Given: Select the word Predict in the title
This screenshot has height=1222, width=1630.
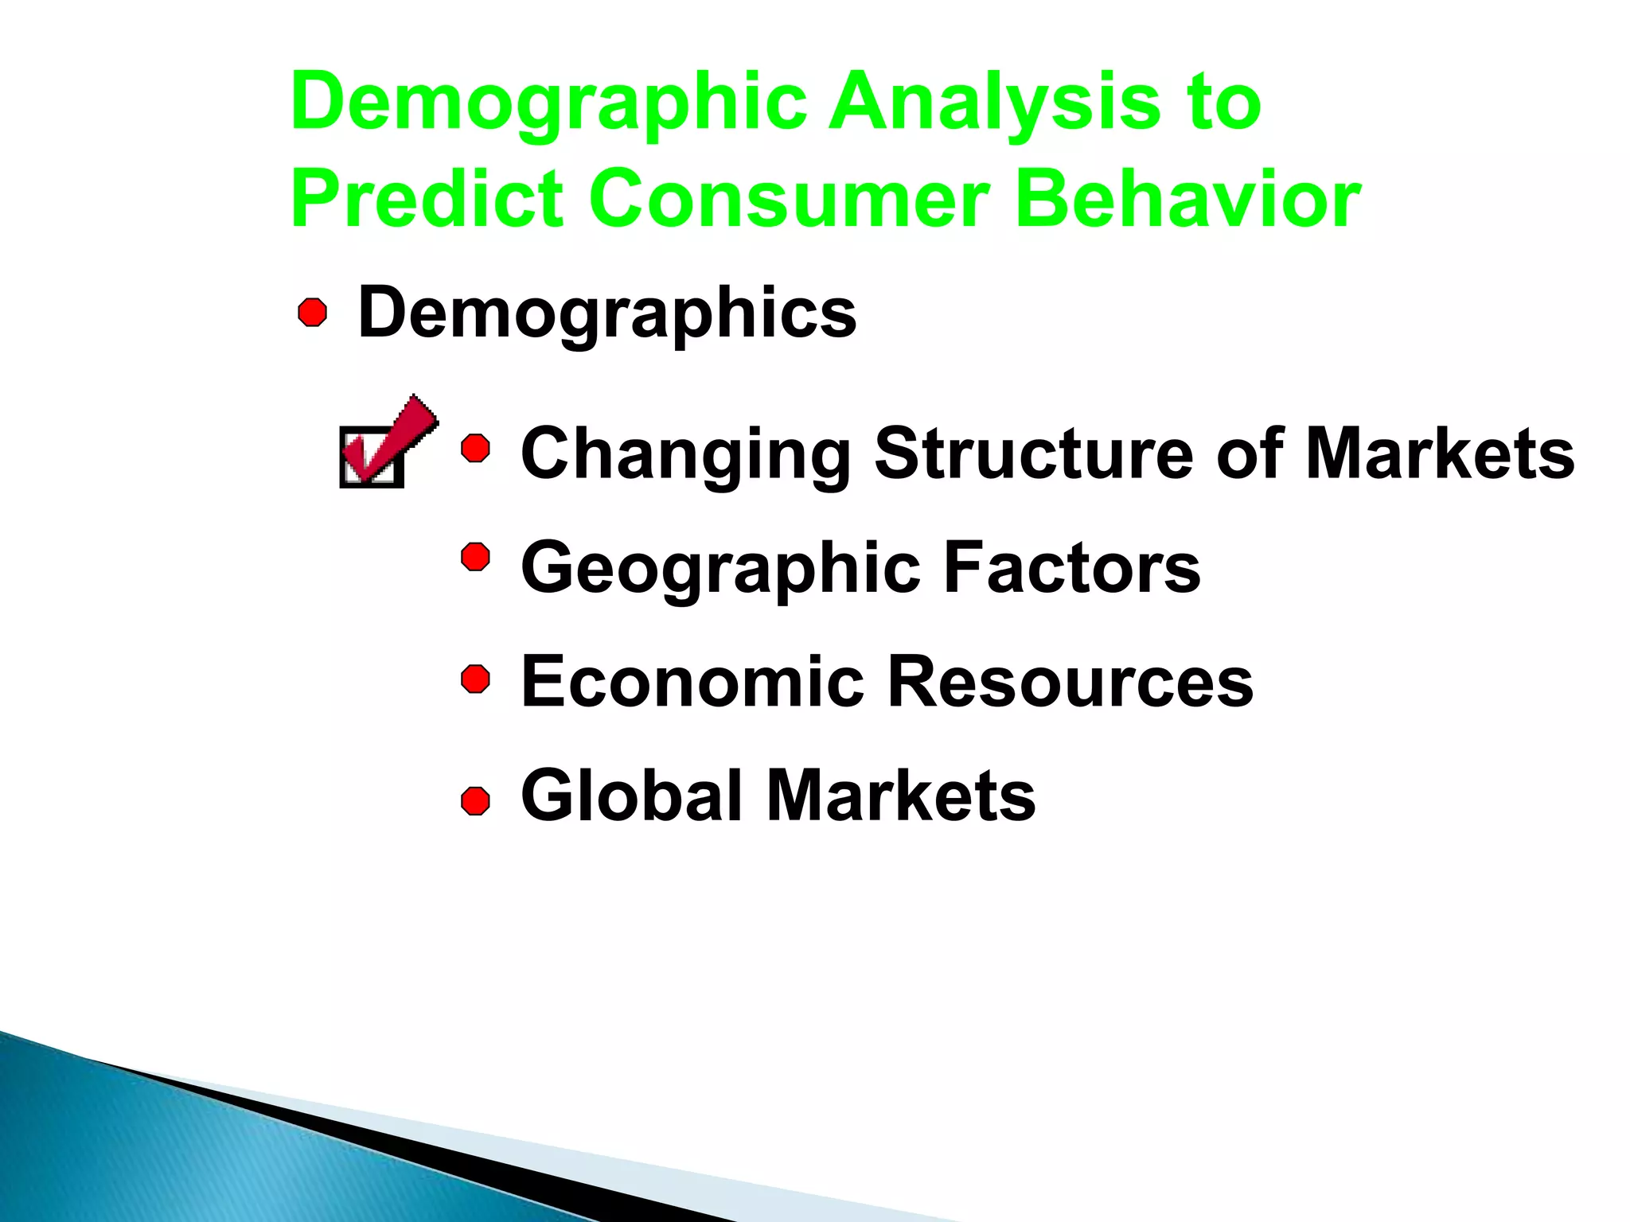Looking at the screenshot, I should pyautogui.click(x=427, y=199).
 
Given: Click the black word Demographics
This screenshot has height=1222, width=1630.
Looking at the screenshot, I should pyautogui.click(x=606, y=313).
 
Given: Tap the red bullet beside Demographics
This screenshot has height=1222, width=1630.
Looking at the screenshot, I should pyautogui.click(x=313, y=313).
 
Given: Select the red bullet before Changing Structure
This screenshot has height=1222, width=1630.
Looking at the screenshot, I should pyautogui.click(x=476, y=449).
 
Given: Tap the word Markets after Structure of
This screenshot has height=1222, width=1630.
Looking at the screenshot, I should pyautogui.click(x=1440, y=453).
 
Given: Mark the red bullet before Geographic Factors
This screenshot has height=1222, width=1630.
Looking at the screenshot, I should pyautogui.click(x=476, y=558).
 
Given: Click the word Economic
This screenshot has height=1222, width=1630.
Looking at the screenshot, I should pyautogui.click(x=692, y=682).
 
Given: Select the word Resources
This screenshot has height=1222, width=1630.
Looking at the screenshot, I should pyautogui.click(x=1070, y=682).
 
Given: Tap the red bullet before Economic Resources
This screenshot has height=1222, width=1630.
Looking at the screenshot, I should pyautogui.click(x=476, y=679).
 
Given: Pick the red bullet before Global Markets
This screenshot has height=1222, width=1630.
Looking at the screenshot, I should pyautogui.click(x=476, y=801).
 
